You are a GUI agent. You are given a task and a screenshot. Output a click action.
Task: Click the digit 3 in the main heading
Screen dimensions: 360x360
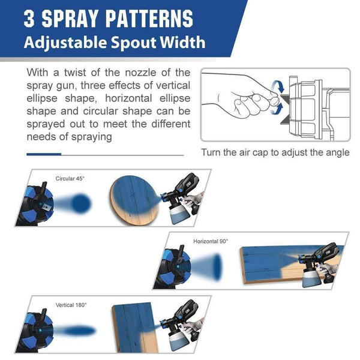(29, 19)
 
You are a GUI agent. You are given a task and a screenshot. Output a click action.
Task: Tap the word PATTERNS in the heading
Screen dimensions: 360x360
(149, 19)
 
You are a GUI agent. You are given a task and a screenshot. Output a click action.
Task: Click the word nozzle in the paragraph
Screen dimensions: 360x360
(140, 73)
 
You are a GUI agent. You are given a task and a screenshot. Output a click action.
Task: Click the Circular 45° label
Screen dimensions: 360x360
(70, 179)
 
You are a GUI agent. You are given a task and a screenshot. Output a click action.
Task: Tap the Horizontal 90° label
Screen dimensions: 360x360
(211, 241)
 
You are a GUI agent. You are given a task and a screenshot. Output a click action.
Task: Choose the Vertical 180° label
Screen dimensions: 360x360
(71, 305)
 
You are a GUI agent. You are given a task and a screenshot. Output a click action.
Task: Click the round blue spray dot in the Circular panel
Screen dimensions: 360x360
(81, 203)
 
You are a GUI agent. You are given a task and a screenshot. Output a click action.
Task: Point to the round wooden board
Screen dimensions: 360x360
(135, 200)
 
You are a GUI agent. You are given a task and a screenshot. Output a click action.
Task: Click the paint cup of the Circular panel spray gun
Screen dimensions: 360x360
(180, 214)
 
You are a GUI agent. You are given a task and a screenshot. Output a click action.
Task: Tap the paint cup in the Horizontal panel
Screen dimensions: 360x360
(313, 278)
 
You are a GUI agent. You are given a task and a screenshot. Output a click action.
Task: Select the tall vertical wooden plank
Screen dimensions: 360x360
(135, 328)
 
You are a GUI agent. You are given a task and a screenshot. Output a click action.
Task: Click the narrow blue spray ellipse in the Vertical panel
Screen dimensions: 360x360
(79, 331)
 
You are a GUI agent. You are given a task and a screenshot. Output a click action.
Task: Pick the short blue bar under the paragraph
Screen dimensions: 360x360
(44, 154)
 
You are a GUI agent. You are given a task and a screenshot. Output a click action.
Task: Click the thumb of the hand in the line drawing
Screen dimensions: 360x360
(274, 101)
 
